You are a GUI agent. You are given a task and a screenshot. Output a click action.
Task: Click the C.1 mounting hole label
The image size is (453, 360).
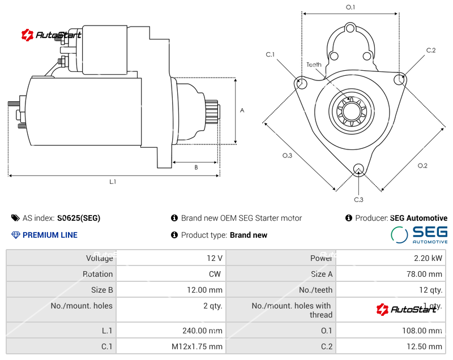270,54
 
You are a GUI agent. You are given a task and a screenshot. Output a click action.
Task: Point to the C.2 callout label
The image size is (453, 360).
431,50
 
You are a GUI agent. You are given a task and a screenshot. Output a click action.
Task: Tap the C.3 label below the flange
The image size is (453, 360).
358,199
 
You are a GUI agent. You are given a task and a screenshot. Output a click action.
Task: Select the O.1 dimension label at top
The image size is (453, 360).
350,7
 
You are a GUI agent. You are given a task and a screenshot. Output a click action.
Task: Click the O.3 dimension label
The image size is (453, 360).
287,156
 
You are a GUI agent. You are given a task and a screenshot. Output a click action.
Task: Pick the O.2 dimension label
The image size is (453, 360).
422,165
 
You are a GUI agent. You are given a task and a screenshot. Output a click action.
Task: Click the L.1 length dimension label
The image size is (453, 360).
113,182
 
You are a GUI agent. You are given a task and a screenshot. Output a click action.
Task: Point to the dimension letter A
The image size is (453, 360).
242,110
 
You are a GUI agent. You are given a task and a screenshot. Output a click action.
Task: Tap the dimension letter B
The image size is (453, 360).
196,168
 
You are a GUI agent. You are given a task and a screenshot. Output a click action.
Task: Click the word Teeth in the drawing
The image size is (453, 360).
314,65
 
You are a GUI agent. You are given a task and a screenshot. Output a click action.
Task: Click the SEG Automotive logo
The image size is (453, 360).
420,234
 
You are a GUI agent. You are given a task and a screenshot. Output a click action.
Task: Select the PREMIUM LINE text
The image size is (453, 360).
50,235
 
